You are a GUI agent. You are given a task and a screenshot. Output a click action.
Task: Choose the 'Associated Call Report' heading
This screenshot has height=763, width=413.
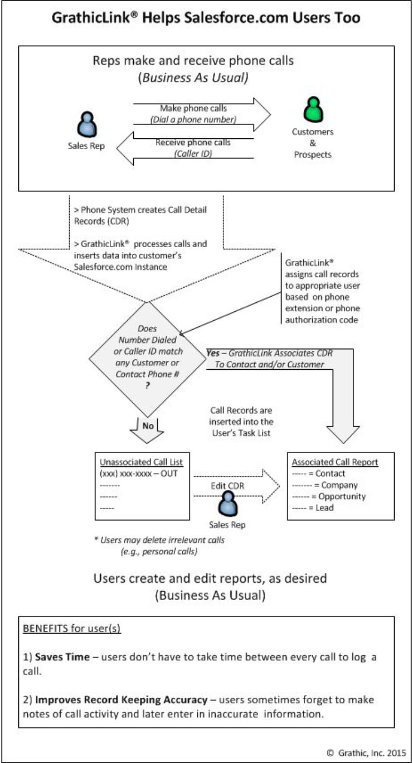336,462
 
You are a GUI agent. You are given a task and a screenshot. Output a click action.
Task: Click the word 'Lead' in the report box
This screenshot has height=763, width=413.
324,508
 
